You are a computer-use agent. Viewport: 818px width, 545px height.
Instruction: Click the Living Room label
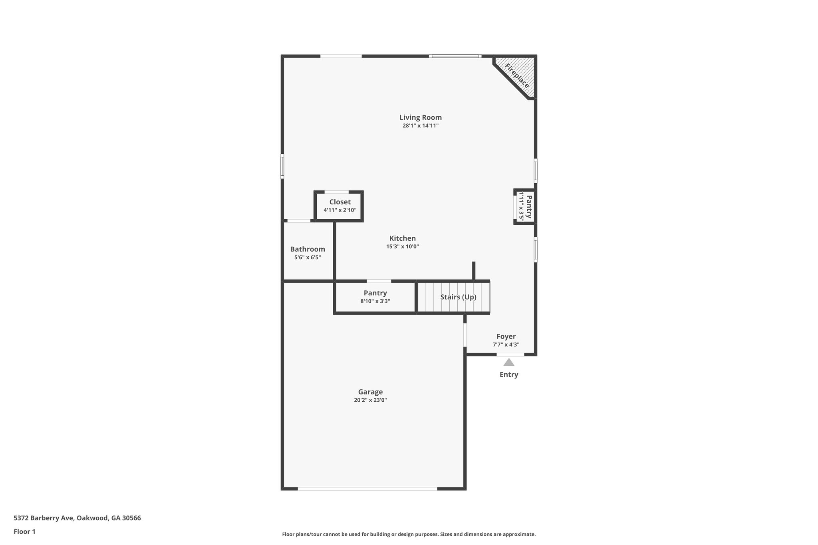coord(421,117)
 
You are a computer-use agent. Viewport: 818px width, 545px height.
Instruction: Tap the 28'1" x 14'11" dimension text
coord(421,126)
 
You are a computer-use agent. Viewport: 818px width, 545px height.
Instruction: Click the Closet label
coord(340,202)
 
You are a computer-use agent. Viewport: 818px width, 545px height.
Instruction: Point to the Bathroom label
coord(308,249)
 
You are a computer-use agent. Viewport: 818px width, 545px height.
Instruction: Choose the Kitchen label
coord(403,238)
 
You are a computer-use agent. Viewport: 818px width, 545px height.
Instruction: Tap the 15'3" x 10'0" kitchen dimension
coord(403,247)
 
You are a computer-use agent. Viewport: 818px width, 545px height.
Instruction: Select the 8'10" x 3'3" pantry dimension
coord(375,301)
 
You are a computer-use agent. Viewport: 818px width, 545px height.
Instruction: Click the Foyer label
coord(506,336)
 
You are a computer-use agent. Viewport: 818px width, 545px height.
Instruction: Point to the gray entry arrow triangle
coord(508,363)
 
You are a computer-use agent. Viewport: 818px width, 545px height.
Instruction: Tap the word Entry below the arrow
coord(509,375)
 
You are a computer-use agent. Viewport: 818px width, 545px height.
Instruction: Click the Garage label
coord(370,392)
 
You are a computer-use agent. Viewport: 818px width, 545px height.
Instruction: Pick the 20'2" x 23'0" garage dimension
coord(370,400)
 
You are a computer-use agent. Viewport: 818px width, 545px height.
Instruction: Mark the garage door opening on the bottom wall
coord(367,489)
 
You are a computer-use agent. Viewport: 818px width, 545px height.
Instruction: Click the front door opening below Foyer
coord(510,355)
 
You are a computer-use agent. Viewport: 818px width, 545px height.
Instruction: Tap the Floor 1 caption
coord(25,531)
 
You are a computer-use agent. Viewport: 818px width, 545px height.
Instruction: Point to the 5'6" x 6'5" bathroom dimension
coord(308,258)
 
